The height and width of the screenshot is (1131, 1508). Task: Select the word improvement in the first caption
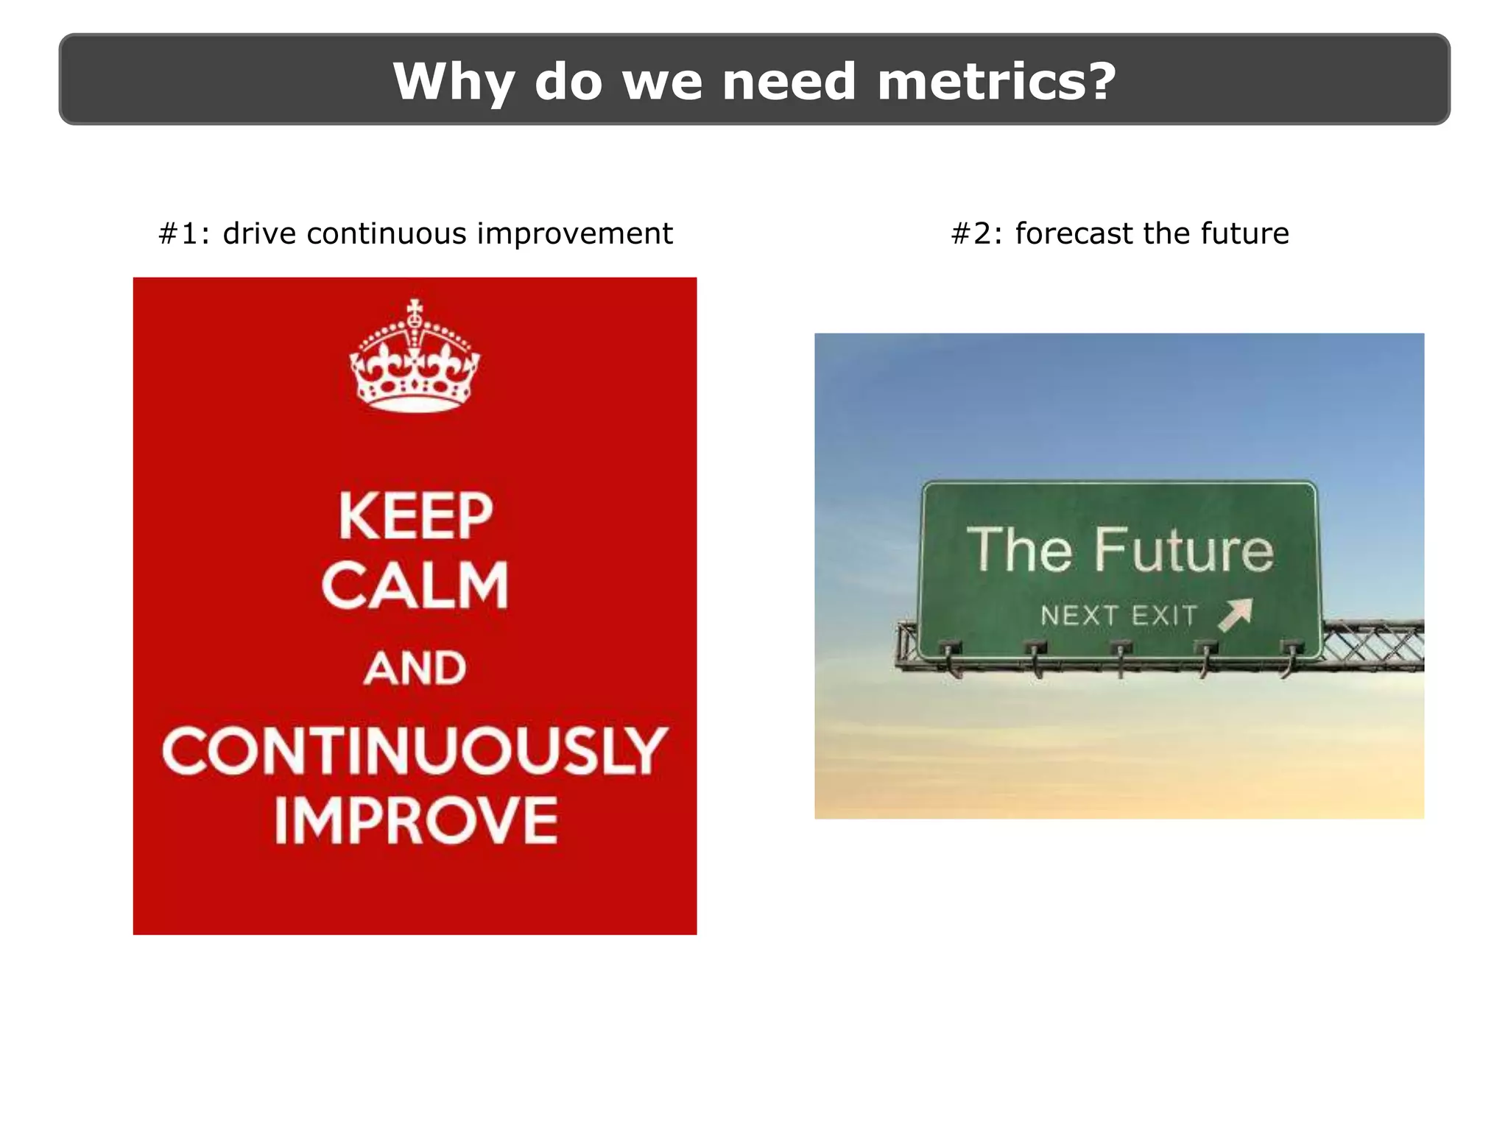point(574,234)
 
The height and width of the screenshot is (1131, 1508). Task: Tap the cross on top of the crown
point(415,308)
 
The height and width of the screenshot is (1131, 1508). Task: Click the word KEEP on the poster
point(415,517)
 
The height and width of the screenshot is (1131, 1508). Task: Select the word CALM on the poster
point(415,585)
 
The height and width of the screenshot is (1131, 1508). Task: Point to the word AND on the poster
point(415,669)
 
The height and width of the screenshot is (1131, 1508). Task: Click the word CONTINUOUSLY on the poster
point(415,751)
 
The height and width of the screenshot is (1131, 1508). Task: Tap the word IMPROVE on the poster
point(416,821)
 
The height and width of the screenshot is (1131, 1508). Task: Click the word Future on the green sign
point(1183,550)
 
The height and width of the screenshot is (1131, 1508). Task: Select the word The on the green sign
point(1020,550)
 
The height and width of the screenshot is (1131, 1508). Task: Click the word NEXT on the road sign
point(1079,616)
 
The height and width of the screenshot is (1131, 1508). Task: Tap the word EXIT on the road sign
point(1164,616)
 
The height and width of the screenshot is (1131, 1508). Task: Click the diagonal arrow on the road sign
point(1236,614)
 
